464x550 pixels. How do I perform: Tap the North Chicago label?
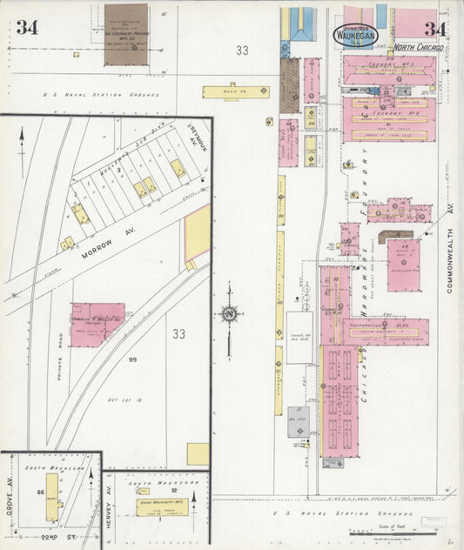[x=419, y=47]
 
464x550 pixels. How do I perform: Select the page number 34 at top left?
[x=27, y=27]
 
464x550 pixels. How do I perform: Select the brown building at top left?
[x=126, y=35]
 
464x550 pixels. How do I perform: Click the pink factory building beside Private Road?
[x=97, y=324]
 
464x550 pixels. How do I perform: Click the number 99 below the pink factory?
[x=133, y=359]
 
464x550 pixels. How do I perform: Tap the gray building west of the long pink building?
[x=299, y=421]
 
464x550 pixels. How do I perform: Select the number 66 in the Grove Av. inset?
[x=40, y=492]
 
